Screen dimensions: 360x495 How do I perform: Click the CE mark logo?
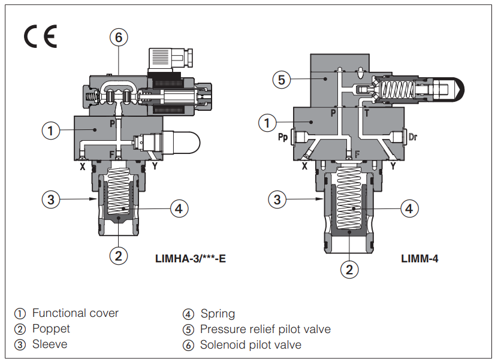[40, 37]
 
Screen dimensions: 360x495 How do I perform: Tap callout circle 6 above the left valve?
[119, 37]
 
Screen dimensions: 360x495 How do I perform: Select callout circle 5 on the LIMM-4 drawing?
[282, 78]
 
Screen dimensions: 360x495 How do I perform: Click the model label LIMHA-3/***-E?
[190, 259]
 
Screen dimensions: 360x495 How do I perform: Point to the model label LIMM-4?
[419, 259]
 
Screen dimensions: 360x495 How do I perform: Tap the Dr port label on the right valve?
[412, 137]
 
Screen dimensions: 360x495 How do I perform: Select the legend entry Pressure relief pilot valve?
[265, 329]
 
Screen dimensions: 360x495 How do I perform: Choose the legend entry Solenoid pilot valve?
[250, 344]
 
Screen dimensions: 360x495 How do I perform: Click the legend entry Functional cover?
[75, 313]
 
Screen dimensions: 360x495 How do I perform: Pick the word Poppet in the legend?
[51, 329]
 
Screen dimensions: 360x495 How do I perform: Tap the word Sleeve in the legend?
[50, 344]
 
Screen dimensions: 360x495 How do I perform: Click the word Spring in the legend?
[218, 313]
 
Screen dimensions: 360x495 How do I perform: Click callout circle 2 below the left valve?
[119, 256]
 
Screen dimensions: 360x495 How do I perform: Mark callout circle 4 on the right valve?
[409, 208]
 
